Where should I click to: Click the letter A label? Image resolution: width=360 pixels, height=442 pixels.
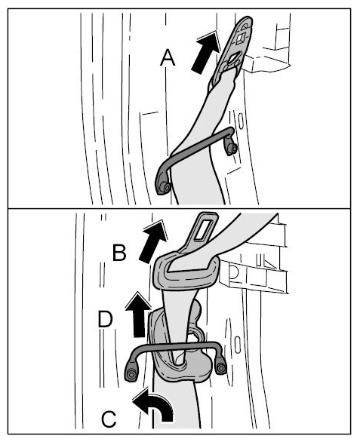point(168,58)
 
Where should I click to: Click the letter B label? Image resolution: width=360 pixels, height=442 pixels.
point(119,253)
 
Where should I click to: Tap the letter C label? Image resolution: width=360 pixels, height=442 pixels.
point(109,419)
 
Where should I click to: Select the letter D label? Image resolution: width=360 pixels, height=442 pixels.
point(106,319)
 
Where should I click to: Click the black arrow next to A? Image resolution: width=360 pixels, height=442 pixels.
point(205,53)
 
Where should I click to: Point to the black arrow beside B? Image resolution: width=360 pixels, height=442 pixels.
point(153,242)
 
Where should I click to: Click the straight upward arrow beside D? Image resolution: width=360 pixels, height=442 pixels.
point(139,315)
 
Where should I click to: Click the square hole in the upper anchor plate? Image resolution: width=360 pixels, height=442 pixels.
point(242,37)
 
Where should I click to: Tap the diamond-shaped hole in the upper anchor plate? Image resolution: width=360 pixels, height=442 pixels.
point(232,58)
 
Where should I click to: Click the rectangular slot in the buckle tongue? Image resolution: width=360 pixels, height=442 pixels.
point(204,229)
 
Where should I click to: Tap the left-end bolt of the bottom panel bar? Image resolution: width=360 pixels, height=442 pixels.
point(130,375)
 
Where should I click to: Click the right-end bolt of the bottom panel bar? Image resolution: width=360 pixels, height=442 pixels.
point(221,367)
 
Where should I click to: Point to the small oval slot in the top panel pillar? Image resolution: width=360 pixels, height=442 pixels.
point(241,121)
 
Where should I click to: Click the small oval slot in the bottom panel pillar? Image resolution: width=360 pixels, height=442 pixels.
point(238,345)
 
